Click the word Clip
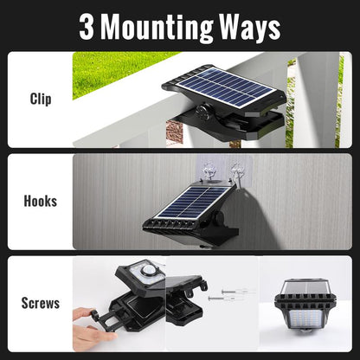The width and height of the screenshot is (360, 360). click(40, 99)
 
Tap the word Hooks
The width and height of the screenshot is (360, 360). click(40, 201)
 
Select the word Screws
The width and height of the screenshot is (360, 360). click(40, 304)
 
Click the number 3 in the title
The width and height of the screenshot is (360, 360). click(87, 27)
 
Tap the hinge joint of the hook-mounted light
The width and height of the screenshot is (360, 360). click(216, 214)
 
